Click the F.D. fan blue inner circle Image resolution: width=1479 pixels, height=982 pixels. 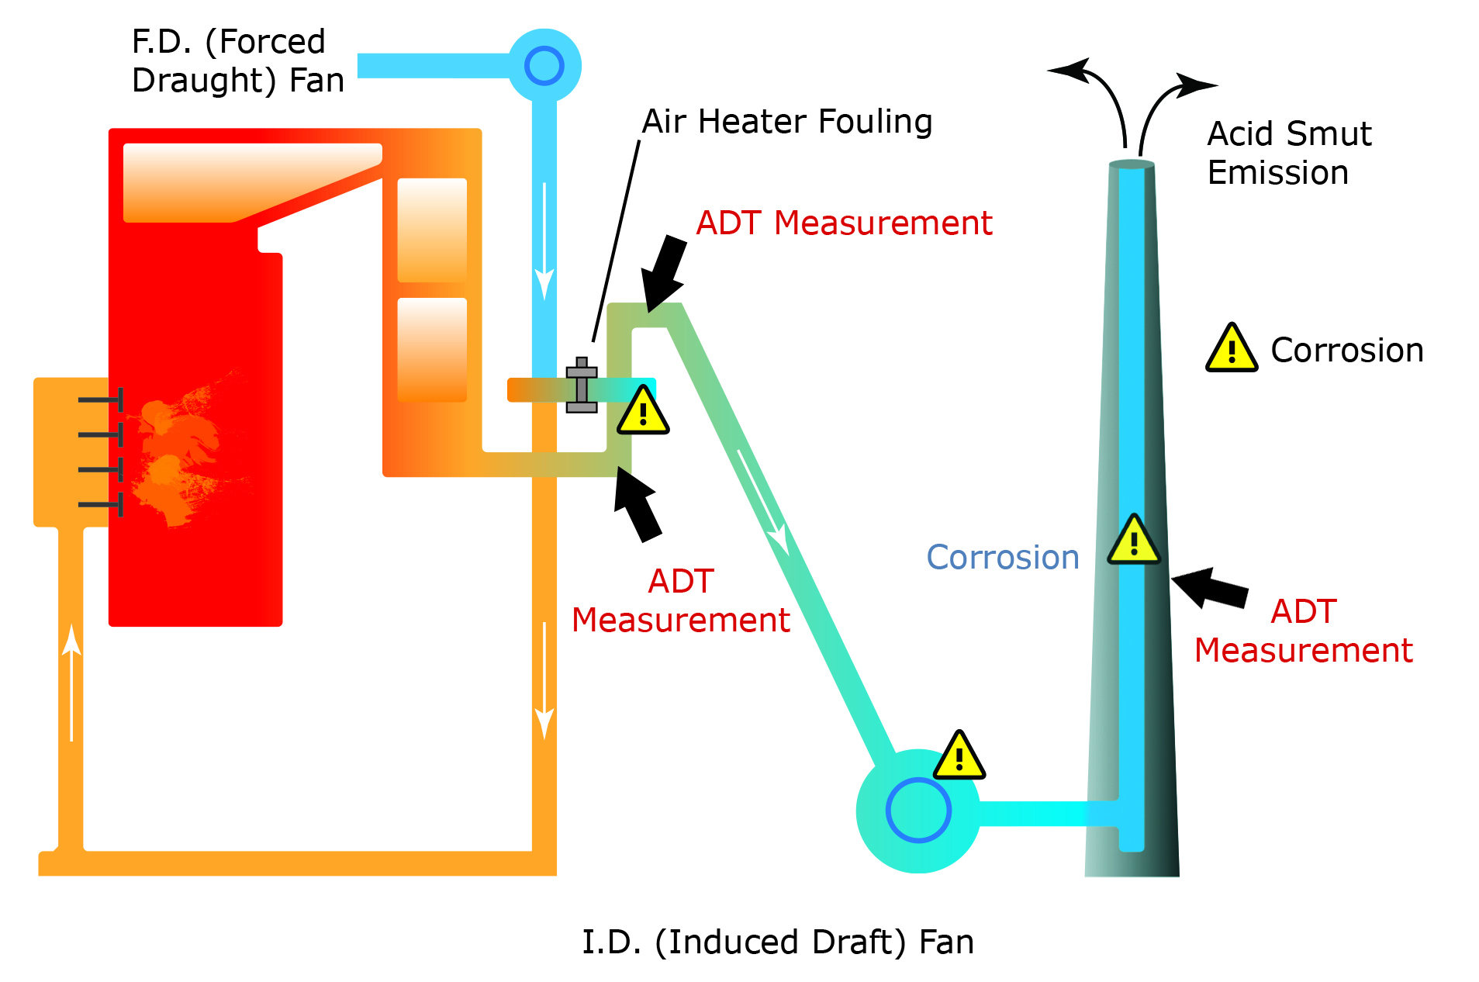pos(544,66)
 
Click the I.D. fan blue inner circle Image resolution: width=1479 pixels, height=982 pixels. pos(918,810)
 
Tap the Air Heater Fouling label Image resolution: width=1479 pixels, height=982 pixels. pos(786,122)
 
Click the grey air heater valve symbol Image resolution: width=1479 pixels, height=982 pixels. pos(582,386)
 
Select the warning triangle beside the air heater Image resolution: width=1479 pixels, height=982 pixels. pos(643,412)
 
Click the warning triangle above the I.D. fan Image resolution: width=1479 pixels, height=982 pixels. pos(959,757)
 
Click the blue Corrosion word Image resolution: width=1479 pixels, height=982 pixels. pos(1002,558)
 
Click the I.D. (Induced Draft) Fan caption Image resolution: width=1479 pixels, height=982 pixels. pos(777,942)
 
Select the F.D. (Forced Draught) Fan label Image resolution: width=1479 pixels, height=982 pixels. pos(237,61)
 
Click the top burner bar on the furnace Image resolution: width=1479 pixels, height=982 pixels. pos(101,399)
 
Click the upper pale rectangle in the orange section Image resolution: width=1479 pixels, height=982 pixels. pos(432,230)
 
